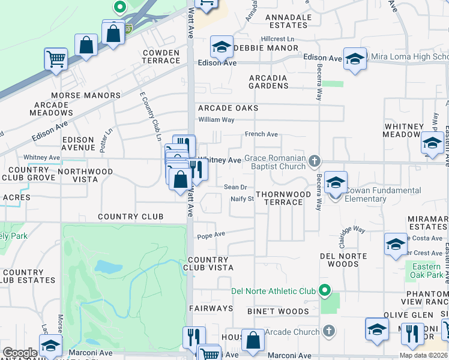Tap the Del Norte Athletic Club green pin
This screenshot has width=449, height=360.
[325, 291]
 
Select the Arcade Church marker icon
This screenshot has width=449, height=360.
[328, 331]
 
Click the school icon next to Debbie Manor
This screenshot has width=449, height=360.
[221, 47]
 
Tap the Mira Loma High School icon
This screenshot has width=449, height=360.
[355, 59]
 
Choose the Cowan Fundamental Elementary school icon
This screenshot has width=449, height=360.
[336, 182]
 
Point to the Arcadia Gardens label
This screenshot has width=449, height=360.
[268, 82]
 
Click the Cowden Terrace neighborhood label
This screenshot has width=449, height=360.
[161, 56]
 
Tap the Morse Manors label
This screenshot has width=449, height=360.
[86, 95]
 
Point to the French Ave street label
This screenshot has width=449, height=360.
[261, 134]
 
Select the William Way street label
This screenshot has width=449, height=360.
[216, 119]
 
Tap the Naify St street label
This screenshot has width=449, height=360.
[243, 199]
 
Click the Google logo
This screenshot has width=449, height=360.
[20, 353]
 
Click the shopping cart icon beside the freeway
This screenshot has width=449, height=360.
[56, 59]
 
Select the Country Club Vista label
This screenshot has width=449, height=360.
[209, 264]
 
